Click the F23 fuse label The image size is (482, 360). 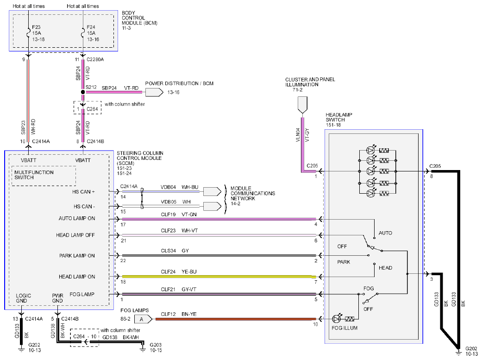[36, 27]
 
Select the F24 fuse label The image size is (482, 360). [91, 27]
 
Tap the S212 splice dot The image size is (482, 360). [83, 92]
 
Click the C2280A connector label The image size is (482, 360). [95, 59]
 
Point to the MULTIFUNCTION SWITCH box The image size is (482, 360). [44, 176]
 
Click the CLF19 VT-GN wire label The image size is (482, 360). [179, 215]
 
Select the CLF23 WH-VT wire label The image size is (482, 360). [179, 230]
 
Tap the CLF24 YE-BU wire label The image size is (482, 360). [179, 272]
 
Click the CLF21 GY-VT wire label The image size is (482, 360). [178, 289]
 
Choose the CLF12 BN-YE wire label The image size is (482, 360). [179, 314]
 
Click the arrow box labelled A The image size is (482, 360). [143, 319]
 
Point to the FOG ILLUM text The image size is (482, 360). [344, 328]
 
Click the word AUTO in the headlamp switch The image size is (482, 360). [385, 233]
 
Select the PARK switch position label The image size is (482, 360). [344, 262]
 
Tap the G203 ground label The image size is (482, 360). [156, 345]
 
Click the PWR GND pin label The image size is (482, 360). [57, 298]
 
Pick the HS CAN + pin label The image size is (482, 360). [83, 192]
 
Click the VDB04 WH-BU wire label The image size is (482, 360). [179, 187]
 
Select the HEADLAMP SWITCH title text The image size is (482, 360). [339, 117]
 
